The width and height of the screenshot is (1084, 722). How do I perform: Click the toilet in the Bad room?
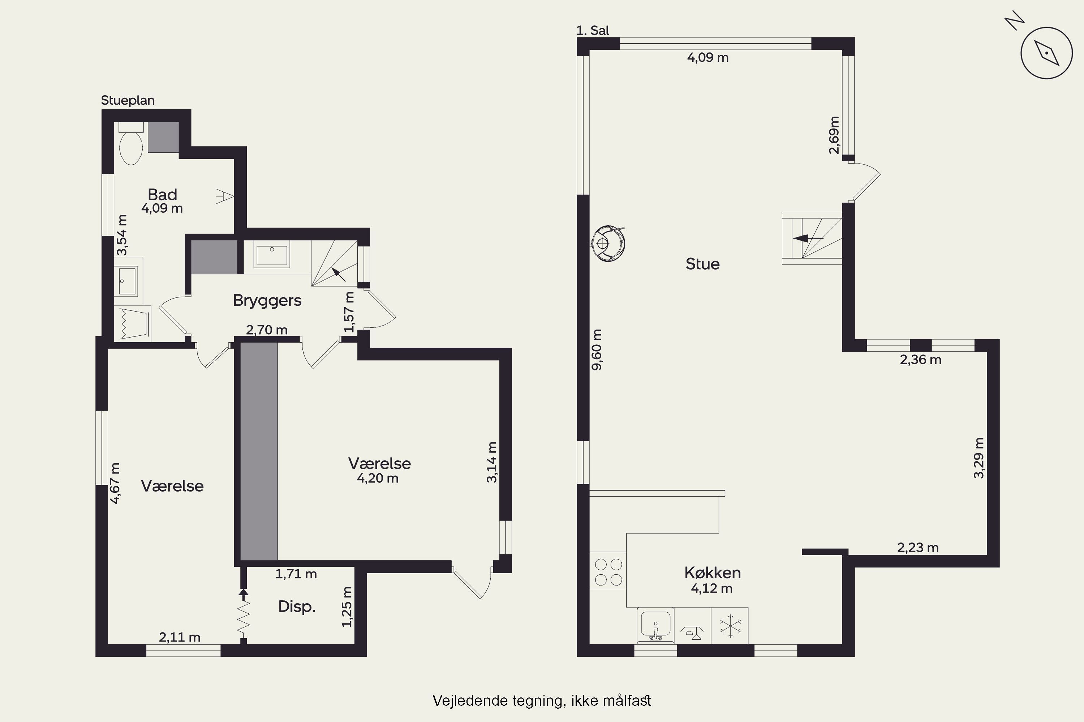tap(130, 143)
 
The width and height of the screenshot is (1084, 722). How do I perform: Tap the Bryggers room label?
tap(267, 301)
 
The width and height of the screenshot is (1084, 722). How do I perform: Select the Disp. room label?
tap(297, 607)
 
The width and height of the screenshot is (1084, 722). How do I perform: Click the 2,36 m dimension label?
tap(920, 360)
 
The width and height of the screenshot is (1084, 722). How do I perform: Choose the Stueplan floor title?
tap(128, 100)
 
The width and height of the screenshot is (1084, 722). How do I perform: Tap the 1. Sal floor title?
tap(593, 30)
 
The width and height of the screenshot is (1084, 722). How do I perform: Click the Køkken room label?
tap(713, 573)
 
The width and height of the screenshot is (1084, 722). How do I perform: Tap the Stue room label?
tap(702, 264)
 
